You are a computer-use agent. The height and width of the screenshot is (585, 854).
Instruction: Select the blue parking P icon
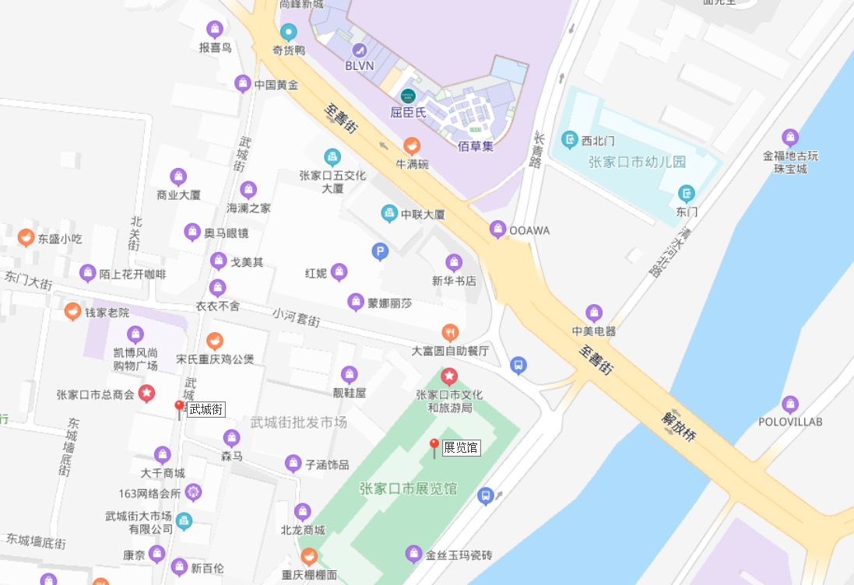click(x=379, y=250)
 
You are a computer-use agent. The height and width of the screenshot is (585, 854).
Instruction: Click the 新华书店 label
click(x=454, y=281)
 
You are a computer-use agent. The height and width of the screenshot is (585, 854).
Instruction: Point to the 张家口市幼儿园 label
click(x=637, y=162)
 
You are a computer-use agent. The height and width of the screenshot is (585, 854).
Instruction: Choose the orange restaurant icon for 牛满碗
click(x=412, y=145)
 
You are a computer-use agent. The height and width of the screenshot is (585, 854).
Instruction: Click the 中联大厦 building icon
click(x=389, y=213)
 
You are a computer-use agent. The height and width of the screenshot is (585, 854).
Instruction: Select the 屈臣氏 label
click(x=409, y=112)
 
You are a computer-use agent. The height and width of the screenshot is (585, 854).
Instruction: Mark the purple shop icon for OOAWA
click(x=497, y=229)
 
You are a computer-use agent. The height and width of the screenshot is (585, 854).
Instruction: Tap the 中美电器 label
click(x=594, y=331)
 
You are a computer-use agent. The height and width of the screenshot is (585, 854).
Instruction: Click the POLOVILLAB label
click(x=790, y=422)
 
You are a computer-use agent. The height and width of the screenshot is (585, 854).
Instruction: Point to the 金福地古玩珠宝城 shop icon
click(x=790, y=138)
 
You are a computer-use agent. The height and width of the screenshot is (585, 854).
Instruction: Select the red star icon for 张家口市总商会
click(x=146, y=394)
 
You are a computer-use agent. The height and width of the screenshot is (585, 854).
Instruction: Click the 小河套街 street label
click(x=296, y=318)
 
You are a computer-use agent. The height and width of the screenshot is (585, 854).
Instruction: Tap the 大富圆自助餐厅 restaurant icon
click(x=449, y=333)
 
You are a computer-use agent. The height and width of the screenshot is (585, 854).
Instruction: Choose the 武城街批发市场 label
click(x=299, y=422)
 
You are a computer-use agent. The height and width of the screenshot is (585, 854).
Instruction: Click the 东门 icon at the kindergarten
click(x=686, y=193)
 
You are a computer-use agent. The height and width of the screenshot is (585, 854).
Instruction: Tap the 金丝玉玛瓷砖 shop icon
click(x=413, y=555)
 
